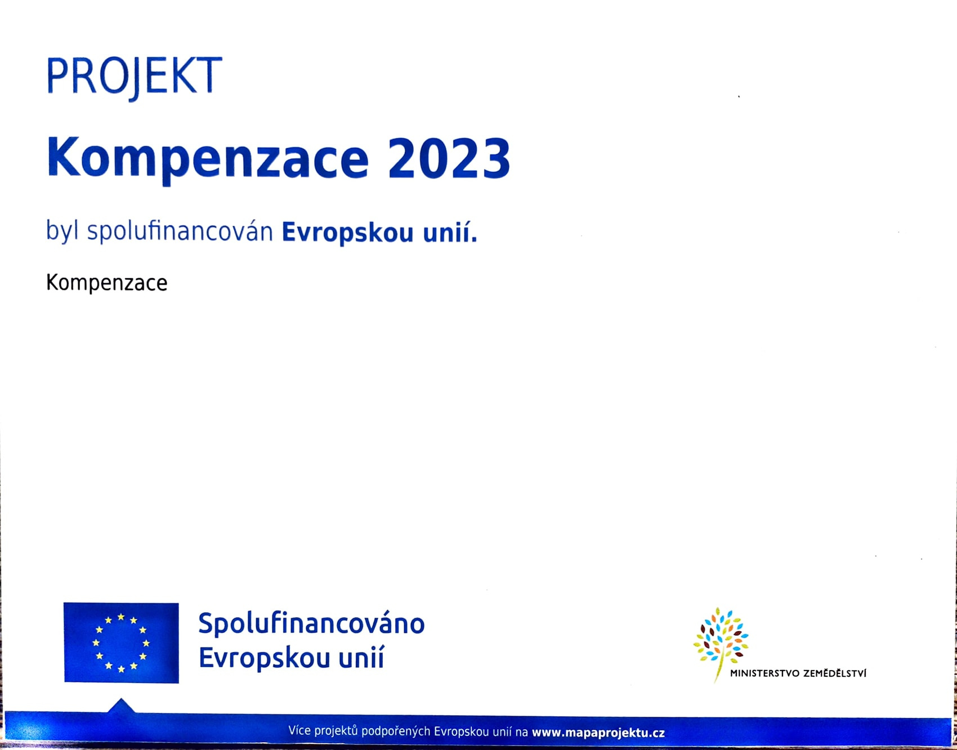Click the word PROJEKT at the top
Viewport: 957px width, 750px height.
134,77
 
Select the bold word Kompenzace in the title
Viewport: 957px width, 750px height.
208,159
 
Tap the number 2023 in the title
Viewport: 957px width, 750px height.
449,158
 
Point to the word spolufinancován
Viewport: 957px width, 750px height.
180,231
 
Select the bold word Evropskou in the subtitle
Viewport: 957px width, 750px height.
348,232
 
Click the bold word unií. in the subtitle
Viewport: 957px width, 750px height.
450,231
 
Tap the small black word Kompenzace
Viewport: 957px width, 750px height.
107,283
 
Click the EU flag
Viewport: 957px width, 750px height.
121,642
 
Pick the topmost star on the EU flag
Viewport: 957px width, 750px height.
121,617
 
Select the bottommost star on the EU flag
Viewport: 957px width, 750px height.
121,669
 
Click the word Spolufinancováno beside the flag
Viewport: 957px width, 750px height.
311,624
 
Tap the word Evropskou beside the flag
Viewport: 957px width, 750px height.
264,658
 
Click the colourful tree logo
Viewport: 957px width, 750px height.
721,642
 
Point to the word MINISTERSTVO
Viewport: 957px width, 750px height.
764,673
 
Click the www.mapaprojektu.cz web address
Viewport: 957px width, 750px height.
598,733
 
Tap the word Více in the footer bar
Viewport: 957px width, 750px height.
299,731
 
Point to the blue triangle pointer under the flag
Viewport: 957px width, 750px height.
121,706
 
